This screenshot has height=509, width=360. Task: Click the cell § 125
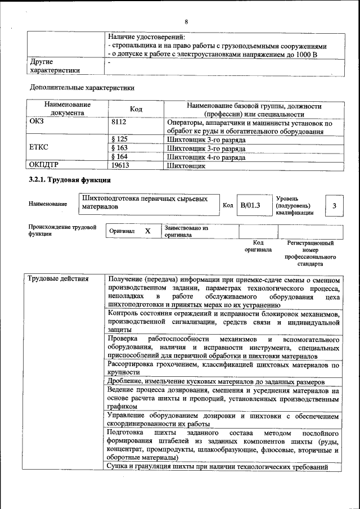(119, 139)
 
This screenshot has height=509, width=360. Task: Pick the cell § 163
(119, 148)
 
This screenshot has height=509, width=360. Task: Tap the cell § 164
(119, 157)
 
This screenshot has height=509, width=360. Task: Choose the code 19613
(120, 166)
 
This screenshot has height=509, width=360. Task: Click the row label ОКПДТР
(43, 166)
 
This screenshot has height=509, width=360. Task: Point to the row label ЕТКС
(39, 148)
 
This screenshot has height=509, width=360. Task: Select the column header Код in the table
(136, 109)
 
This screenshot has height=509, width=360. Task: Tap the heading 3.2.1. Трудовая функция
(70, 180)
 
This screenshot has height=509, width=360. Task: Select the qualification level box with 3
(334, 206)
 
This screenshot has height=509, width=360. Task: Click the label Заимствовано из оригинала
(186, 232)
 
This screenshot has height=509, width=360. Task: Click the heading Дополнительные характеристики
(82, 88)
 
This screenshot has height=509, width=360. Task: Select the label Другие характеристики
(54, 66)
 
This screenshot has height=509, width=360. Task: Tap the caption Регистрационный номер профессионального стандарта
(310, 253)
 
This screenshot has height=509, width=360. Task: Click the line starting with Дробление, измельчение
(215, 381)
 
